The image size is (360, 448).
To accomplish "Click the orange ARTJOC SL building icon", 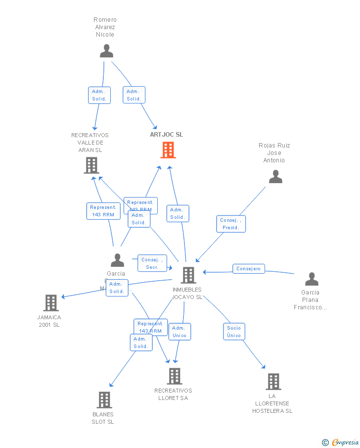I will (x=168, y=149).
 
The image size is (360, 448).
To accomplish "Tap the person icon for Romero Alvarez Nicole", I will (x=106, y=51).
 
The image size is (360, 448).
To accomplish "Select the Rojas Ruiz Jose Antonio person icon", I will (x=275, y=177).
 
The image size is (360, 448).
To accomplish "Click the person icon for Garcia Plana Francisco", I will (x=312, y=279).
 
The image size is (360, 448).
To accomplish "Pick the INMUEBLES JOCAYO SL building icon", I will (x=188, y=275).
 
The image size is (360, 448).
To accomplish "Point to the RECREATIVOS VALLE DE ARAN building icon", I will (x=91, y=165).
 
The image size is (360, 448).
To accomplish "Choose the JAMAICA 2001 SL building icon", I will (x=51, y=302).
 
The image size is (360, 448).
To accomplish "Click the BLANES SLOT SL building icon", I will (x=104, y=399).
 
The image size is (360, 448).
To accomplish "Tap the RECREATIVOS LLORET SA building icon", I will (x=174, y=376).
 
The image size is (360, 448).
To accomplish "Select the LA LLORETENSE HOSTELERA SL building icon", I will (x=273, y=382).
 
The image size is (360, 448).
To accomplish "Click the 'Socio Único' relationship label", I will (x=234, y=332).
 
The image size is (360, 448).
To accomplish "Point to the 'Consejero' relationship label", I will (x=249, y=269).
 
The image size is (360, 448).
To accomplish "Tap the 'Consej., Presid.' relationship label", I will (x=230, y=224).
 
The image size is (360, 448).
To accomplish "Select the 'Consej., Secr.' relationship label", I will (x=152, y=263).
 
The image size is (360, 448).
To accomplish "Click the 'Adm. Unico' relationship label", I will (x=179, y=332).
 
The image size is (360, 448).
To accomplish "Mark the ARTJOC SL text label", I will (x=167, y=135).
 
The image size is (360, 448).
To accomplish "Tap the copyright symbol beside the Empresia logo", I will (x=325, y=442).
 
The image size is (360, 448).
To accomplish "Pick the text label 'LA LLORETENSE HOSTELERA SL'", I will (x=272, y=403).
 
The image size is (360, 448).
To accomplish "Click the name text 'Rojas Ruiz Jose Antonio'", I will (x=274, y=153).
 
